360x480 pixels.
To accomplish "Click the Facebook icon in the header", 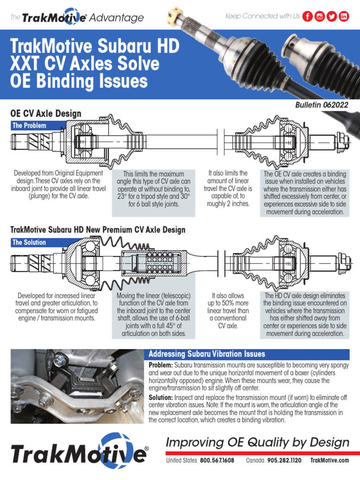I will coord(308,16).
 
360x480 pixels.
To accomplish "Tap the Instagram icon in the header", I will coord(320,16).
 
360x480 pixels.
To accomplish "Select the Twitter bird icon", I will coord(332,16).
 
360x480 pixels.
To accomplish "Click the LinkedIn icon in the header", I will coord(345,16).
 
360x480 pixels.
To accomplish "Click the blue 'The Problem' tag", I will coord(31,126).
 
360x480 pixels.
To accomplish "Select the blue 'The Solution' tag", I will coord(31,242).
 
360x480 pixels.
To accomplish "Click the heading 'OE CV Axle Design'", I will coord(45,113).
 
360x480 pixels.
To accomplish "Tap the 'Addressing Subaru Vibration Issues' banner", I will coord(207,354).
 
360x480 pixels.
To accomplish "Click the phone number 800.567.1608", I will coord(217,460).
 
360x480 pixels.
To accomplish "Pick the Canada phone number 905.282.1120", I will coord(284,460).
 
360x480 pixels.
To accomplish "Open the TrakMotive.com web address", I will coord(330,460).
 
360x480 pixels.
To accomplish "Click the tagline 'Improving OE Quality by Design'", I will coord(258,442).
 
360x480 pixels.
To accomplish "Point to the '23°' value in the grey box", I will coord(124,197).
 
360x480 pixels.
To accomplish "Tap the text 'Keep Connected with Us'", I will coord(262,16).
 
